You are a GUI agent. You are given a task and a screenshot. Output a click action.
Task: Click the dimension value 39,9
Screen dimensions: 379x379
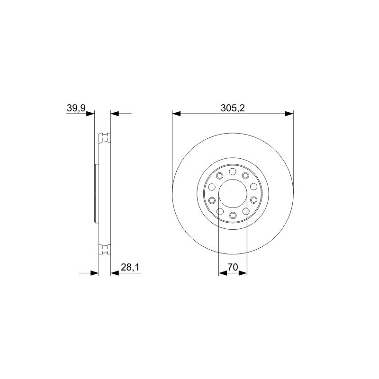coord(76,108)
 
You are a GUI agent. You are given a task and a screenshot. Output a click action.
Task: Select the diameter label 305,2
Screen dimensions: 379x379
coord(233,108)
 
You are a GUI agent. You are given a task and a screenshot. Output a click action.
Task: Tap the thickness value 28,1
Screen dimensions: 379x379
coord(130,267)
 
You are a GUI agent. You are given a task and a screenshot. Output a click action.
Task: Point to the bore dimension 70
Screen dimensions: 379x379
coord(233,267)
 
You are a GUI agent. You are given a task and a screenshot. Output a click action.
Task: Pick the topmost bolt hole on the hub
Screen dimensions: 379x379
coord(233,171)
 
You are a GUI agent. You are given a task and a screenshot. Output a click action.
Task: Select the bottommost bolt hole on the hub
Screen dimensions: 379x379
coord(233,215)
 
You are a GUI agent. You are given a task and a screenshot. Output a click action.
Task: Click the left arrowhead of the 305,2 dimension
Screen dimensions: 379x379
coord(176,114)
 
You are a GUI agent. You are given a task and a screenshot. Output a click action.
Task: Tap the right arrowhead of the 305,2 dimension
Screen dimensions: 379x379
coord(289,114)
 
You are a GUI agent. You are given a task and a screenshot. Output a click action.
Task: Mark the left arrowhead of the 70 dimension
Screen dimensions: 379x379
coord(223,273)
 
